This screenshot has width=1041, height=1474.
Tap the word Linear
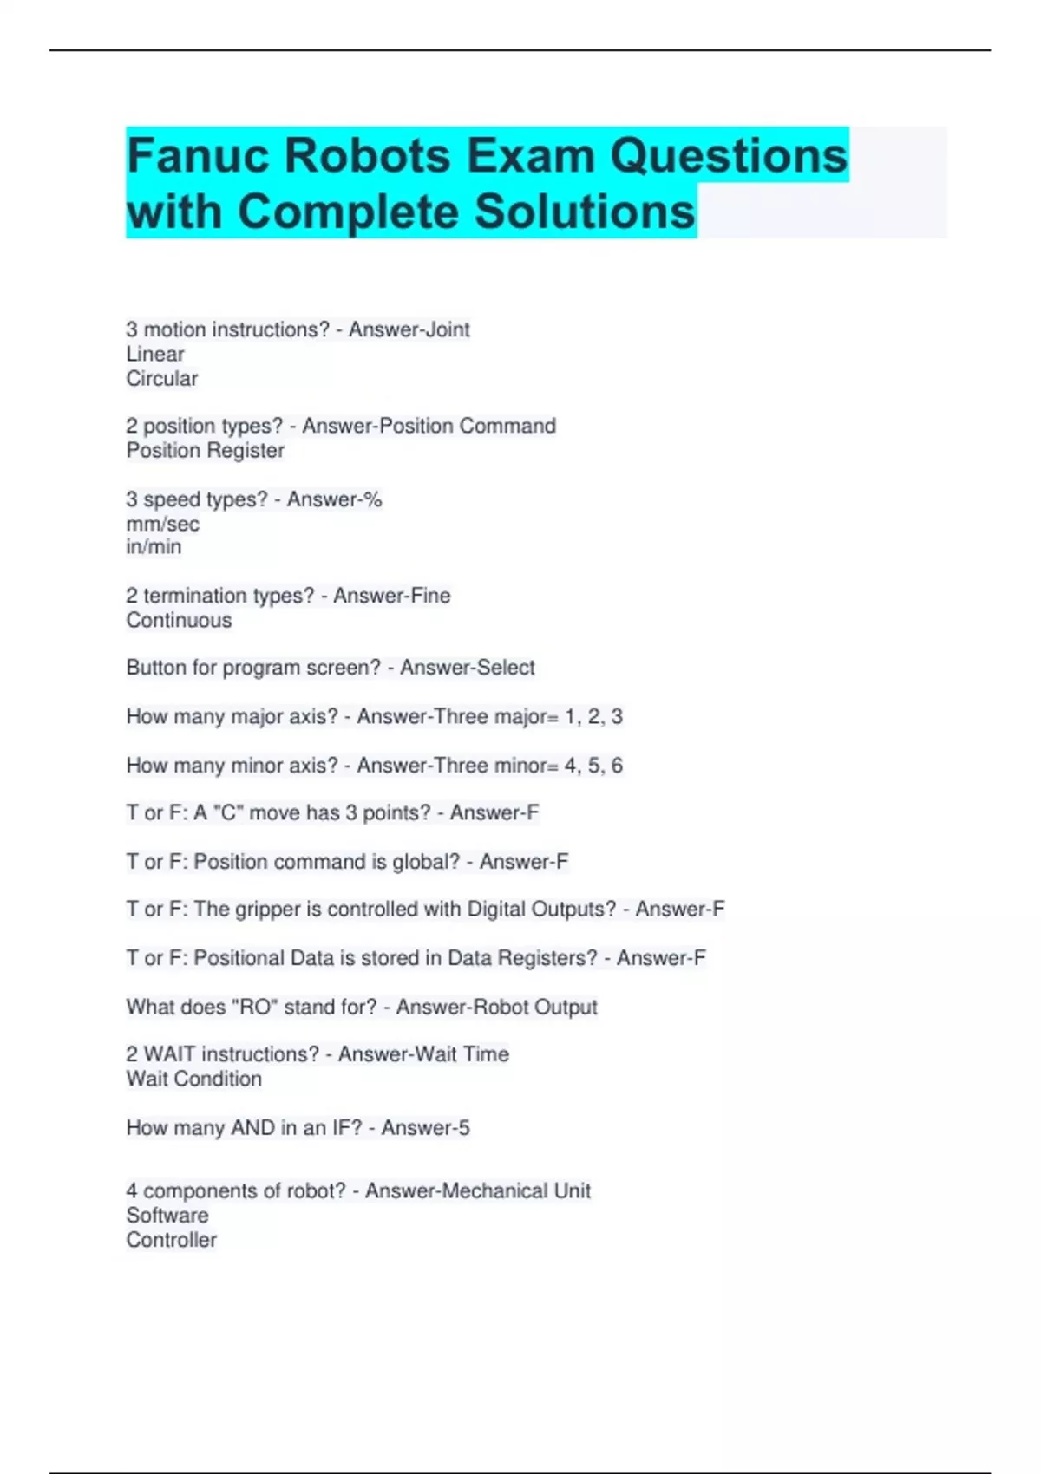point(155,354)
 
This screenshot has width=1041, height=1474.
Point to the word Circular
point(162,379)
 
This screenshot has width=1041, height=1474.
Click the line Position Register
point(206,451)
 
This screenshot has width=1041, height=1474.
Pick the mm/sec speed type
point(163,524)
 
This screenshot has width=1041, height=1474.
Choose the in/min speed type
point(154,547)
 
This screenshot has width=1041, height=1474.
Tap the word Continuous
point(180,621)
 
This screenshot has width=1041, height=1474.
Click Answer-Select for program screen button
point(468,668)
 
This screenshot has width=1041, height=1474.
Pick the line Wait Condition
point(194,1079)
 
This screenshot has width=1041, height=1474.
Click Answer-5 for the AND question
point(425,1128)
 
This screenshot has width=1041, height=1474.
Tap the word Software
point(167,1216)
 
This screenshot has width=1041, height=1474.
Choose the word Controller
point(172,1240)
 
